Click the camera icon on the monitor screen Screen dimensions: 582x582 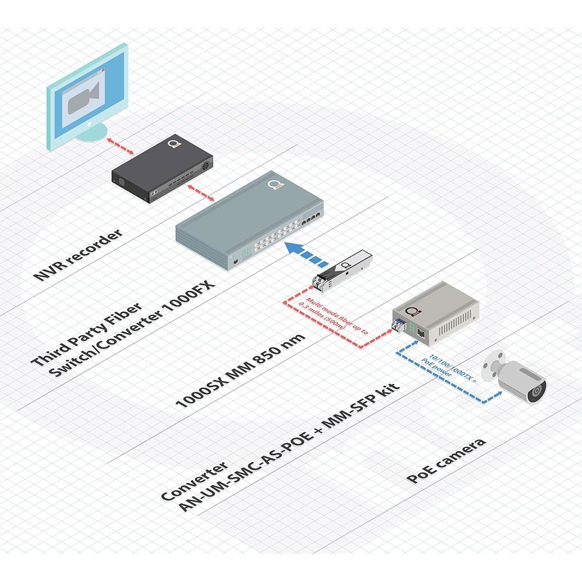83,98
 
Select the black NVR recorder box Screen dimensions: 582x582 162,168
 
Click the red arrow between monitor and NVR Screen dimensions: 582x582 120,145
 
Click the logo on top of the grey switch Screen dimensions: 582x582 275,185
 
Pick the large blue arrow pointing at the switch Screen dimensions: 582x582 307,253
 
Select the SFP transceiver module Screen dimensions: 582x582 342,270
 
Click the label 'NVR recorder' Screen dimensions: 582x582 77,254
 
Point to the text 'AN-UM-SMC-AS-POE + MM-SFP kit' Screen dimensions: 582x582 290,446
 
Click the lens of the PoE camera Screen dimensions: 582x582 537,392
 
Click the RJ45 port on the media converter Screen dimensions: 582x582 421,332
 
